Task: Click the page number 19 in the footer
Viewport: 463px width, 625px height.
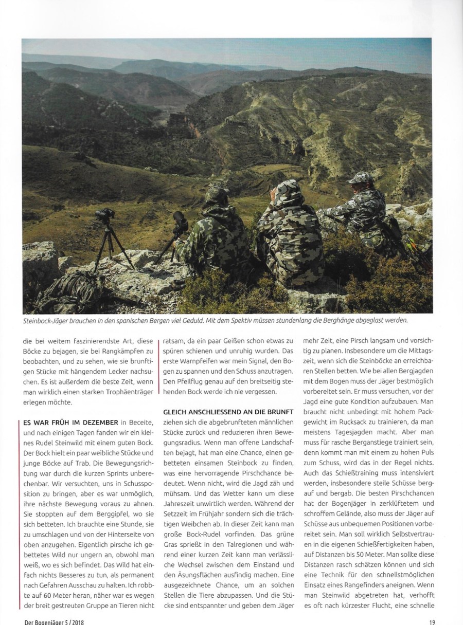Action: tap(432, 620)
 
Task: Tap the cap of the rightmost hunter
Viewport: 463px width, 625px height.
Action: tap(360, 177)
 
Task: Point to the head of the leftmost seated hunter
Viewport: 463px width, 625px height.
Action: tap(217, 197)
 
